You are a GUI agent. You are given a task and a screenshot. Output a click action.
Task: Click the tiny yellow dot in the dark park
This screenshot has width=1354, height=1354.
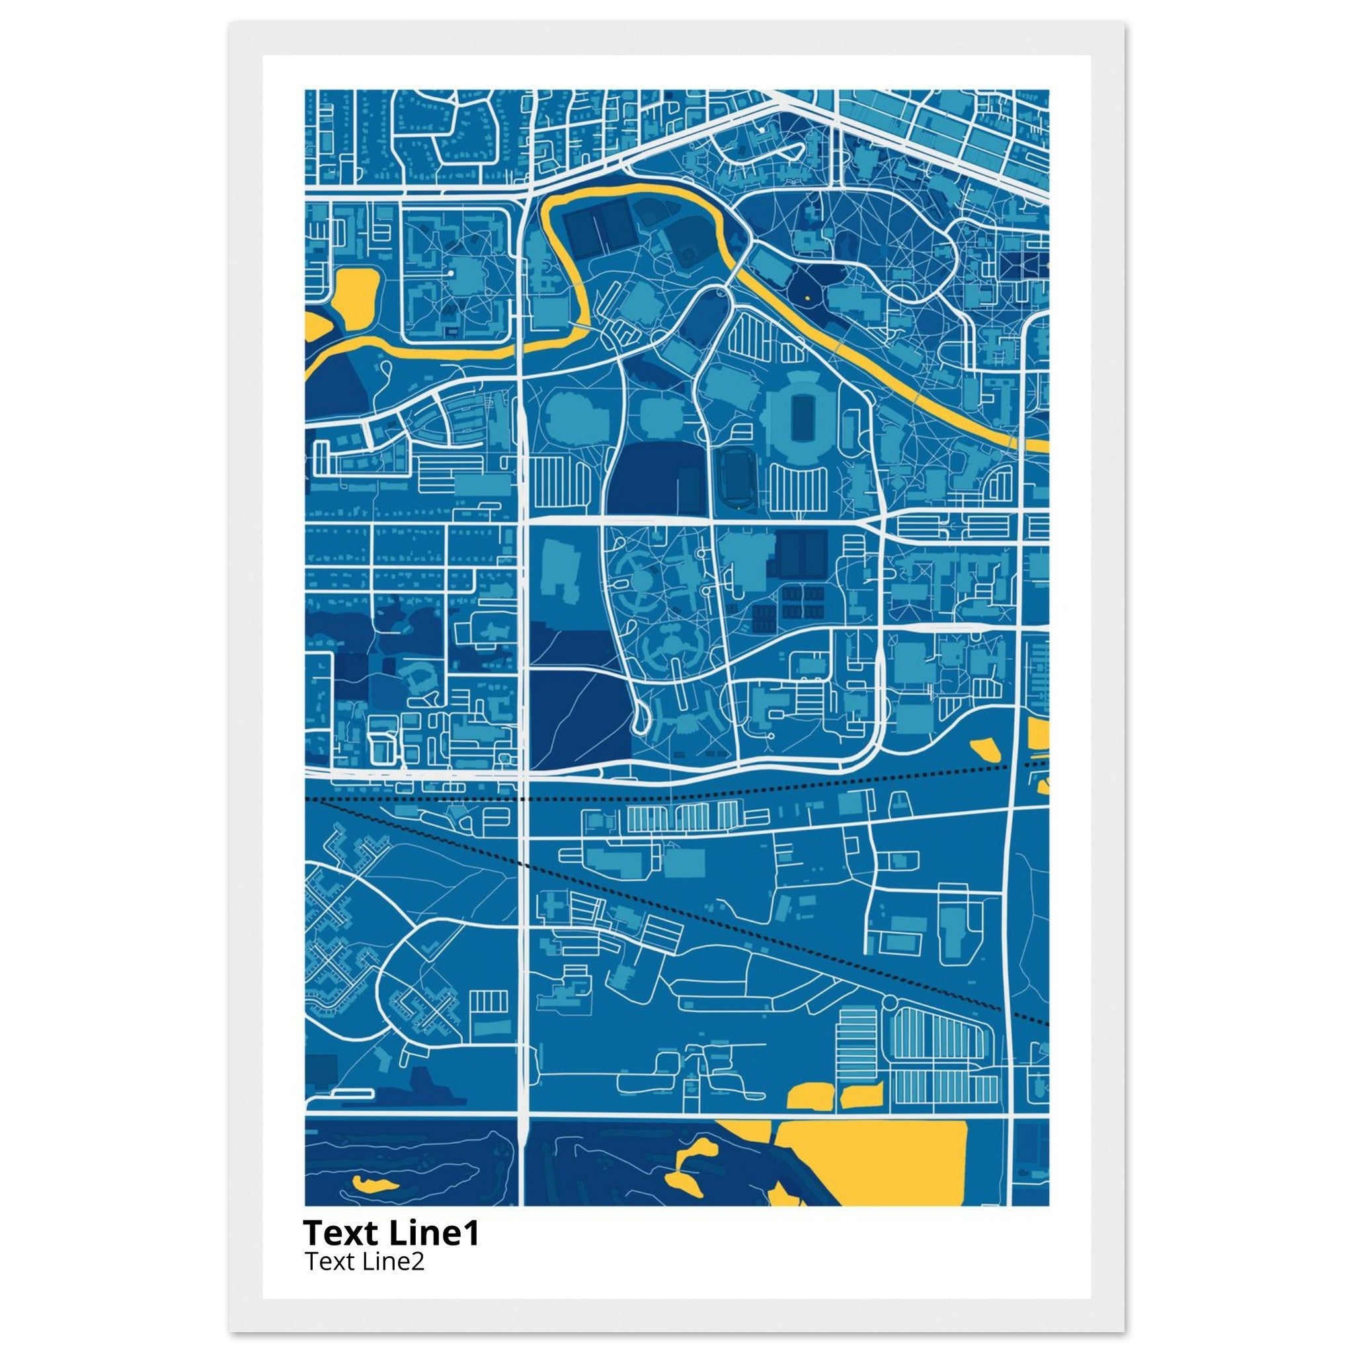807,298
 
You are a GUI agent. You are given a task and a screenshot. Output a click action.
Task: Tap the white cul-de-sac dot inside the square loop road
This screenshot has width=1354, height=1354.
452,272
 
